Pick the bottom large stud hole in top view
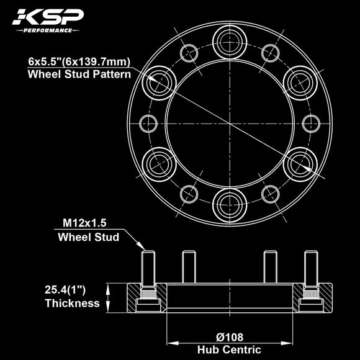click(230, 204)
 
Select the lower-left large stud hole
click(160, 163)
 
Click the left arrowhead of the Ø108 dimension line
click(171, 343)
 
